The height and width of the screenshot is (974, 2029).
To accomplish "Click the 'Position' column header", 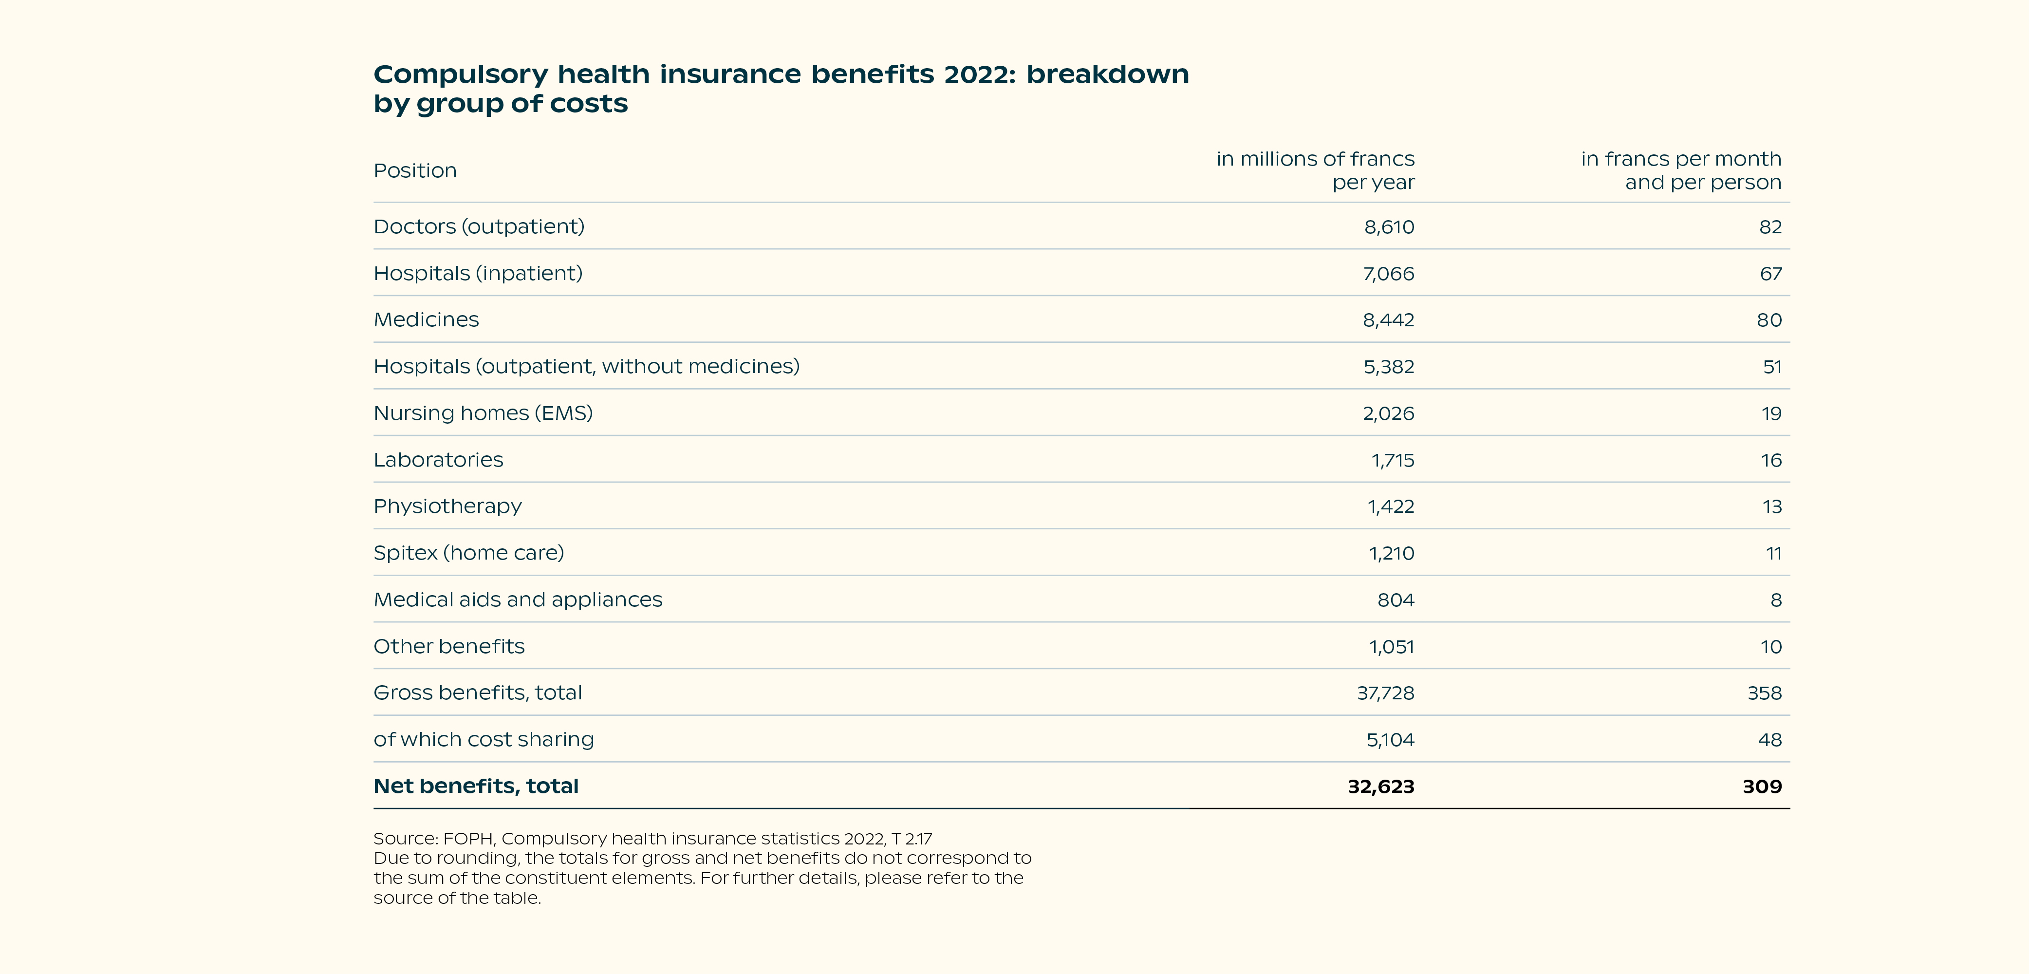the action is pos(415,171).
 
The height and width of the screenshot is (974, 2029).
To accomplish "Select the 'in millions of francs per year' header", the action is pos(1315,170).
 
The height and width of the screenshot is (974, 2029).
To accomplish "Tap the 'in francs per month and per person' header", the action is pos(1681,170).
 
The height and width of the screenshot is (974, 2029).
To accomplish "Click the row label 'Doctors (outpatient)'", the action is pos(479,227).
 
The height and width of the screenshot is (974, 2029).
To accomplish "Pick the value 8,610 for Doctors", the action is pos(1389,227).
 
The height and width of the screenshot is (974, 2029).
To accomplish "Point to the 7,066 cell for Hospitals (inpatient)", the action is pos(1389,273).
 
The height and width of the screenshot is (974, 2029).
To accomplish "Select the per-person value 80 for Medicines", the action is pos(1769,320).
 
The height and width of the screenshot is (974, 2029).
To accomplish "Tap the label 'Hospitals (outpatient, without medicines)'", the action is pos(587,366).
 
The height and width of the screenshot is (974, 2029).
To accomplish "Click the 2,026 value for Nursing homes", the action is pos(1389,414).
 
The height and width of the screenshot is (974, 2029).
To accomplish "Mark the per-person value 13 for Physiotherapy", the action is pos(1772,506).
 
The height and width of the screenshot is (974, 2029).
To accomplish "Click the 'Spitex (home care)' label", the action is pos(468,553).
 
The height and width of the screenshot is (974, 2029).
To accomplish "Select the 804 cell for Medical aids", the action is pos(1396,600).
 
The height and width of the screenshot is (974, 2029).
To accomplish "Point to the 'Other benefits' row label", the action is pos(449,646).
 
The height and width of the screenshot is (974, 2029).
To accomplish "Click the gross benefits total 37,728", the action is pos(1385,693).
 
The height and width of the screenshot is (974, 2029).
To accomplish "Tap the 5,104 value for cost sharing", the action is pos(1390,740).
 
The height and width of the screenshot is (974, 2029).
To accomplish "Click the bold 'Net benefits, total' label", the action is pos(476,787).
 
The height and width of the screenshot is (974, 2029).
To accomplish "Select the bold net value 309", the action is pos(1762,787).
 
